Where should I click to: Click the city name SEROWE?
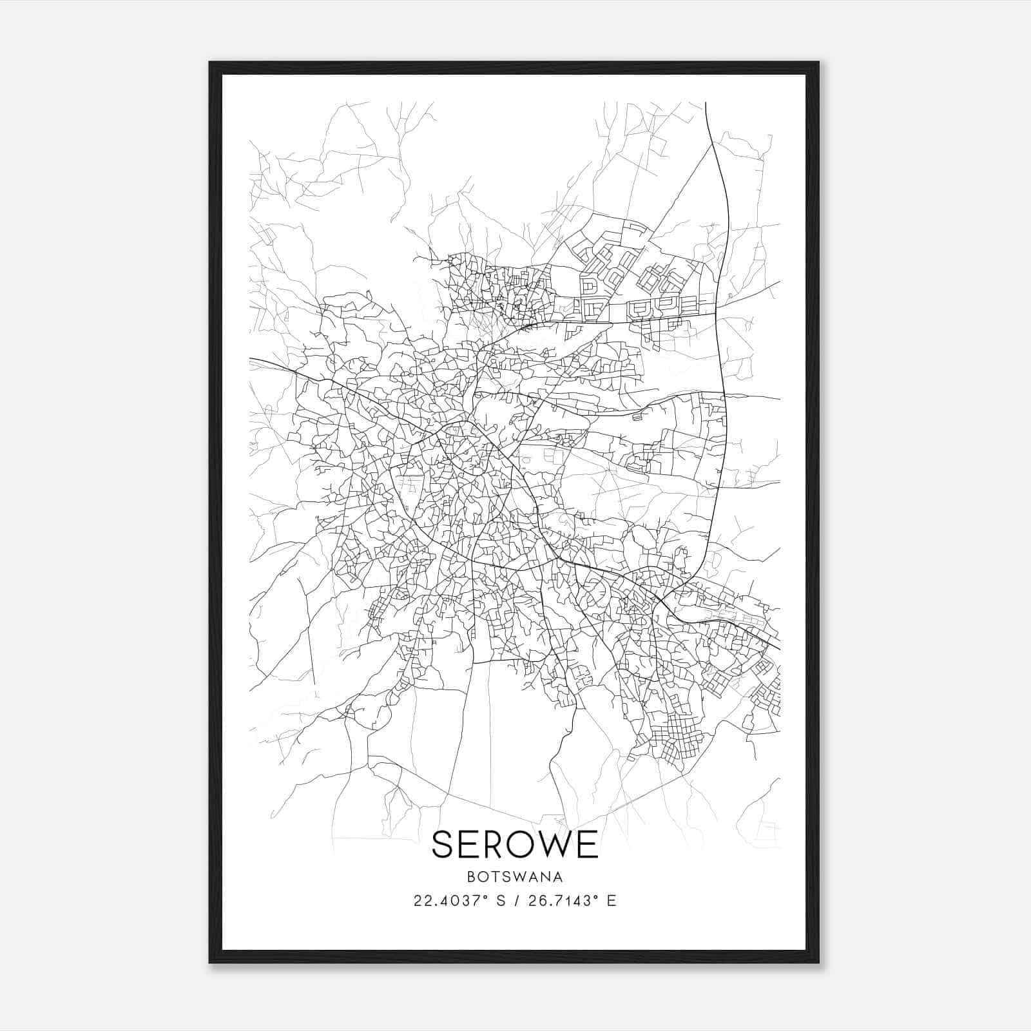point(515,844)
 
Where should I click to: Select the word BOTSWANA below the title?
point(515,877)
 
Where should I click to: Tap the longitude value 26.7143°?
point(564,901)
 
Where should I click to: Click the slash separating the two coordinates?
point(515,901)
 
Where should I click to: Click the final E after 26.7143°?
point(612,901)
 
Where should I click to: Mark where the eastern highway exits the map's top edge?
point(706,103)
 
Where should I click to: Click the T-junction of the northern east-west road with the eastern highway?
point(717,314)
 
